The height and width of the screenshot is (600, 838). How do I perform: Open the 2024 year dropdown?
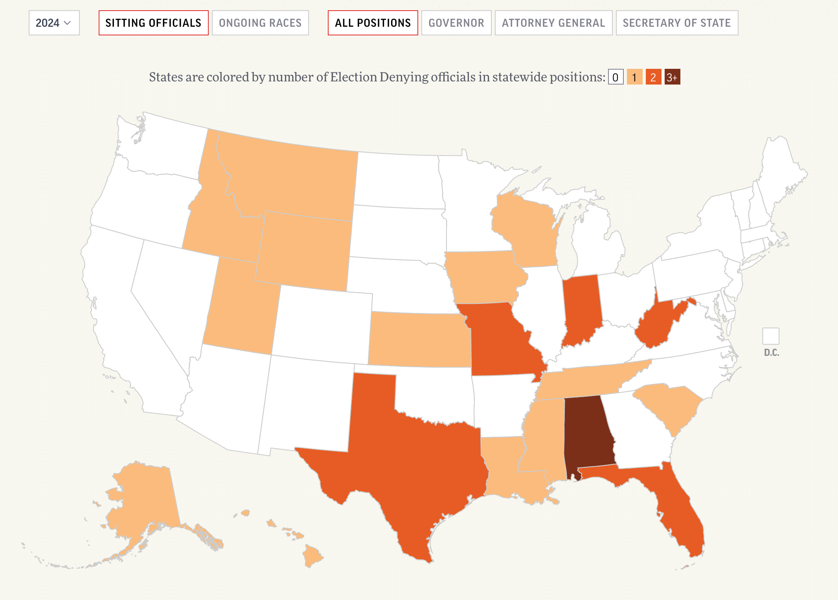point(54,23)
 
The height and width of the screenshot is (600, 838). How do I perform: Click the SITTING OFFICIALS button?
point(153,23)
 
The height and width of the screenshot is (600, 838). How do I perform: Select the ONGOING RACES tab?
point(260,23)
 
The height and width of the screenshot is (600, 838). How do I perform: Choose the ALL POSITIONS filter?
point(373,23)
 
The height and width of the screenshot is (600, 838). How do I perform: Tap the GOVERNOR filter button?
point(456,23)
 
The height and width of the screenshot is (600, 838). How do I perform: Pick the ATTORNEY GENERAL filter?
point(553,23)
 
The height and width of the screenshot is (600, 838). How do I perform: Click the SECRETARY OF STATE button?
point(677,23)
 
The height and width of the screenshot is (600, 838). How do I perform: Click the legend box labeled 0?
point(616,77)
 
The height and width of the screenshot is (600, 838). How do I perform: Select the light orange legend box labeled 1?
point(634,77)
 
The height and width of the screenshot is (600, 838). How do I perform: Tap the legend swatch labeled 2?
point(653,77)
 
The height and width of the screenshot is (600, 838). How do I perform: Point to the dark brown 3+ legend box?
point(672,77)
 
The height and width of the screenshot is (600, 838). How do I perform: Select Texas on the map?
point(413,464)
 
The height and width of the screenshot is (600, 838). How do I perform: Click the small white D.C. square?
point(770,336)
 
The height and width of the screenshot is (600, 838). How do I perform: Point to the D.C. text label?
point(772,353)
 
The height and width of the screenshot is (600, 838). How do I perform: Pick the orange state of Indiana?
point(582,307)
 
